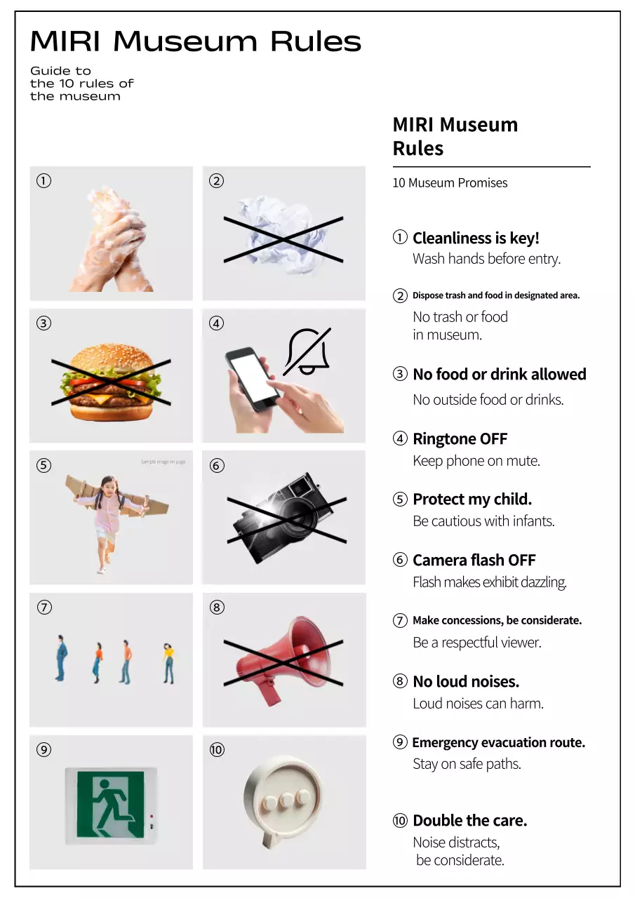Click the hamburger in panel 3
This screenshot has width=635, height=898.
click(111, 382)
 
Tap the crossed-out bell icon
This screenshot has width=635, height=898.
click(307, 351)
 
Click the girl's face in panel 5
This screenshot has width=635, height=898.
click(108, 485)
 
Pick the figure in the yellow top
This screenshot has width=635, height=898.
click(169, 663)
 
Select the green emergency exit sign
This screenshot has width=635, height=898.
click(110, 804)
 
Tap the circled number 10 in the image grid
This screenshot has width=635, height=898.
click(217, 750)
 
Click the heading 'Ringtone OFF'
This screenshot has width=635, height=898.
click(460, 438)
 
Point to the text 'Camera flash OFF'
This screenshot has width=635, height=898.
click(474, 560)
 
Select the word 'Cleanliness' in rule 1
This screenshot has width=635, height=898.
click(452, 238)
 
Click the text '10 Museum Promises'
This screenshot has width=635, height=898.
click(450, 183)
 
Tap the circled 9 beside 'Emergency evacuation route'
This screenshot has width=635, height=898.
click(400, 742)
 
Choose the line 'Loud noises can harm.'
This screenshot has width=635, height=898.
click(479, 704)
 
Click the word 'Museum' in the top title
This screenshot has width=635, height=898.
click(185, 41)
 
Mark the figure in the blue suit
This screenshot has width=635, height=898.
click(61, 657)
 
